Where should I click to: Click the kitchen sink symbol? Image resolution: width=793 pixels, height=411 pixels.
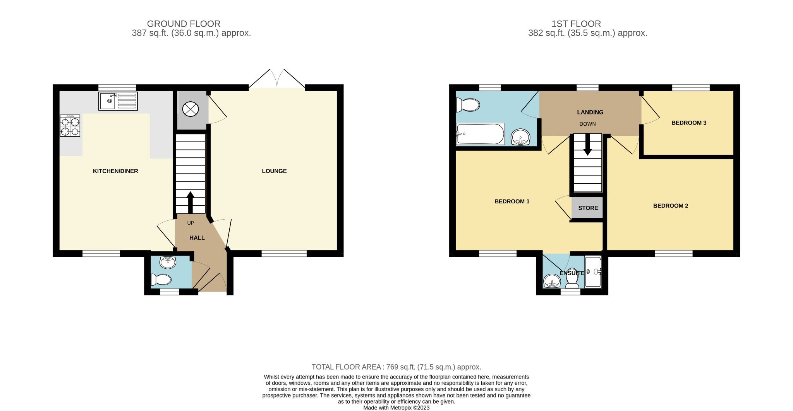pos(118,101)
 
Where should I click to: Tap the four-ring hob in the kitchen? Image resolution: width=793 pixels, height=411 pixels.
pos(70,126)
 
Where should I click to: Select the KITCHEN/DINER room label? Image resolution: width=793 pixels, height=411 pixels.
pos(115,171)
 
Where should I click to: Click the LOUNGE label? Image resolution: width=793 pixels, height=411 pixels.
pos(274,171)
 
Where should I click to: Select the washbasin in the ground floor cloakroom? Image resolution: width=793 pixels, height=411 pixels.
pos(168,262)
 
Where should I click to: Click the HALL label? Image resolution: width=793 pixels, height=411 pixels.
pos(197,238)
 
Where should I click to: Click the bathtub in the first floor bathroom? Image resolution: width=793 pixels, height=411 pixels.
pos(480,134)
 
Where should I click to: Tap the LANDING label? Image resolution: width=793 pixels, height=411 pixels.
pos(590,112)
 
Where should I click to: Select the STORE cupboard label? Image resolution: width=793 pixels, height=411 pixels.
pos(588,208)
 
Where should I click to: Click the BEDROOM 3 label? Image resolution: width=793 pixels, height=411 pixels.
pos(689,123)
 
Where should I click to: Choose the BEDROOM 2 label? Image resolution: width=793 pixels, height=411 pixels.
pos(671,206)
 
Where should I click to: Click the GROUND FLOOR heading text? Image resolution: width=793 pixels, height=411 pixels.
pos(184,24)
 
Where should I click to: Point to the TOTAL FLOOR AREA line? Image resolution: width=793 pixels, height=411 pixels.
pos(396,367)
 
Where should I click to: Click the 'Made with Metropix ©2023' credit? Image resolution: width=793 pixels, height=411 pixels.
pos(396,408)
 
